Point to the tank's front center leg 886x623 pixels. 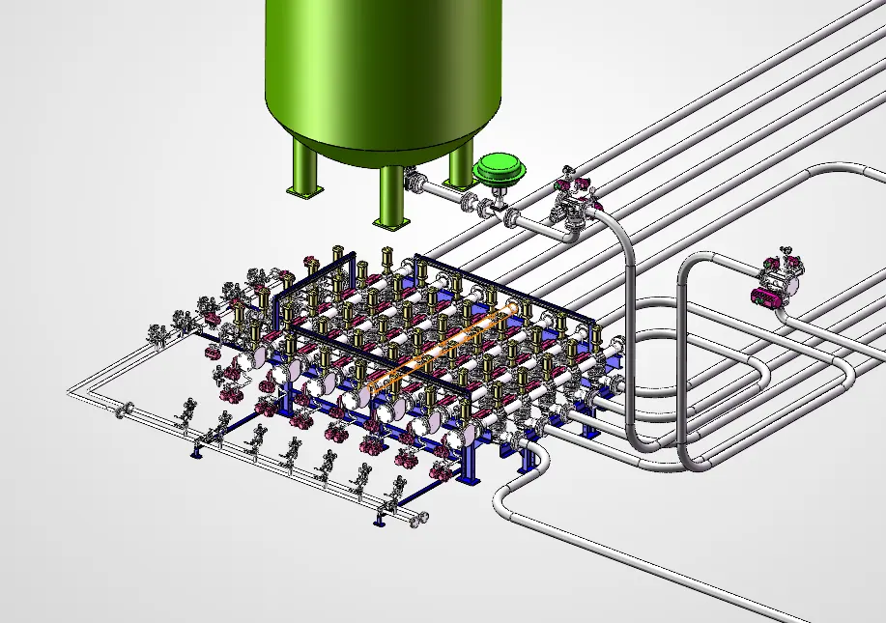[x=391, y=197]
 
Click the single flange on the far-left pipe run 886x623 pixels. [x=123, y=410]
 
